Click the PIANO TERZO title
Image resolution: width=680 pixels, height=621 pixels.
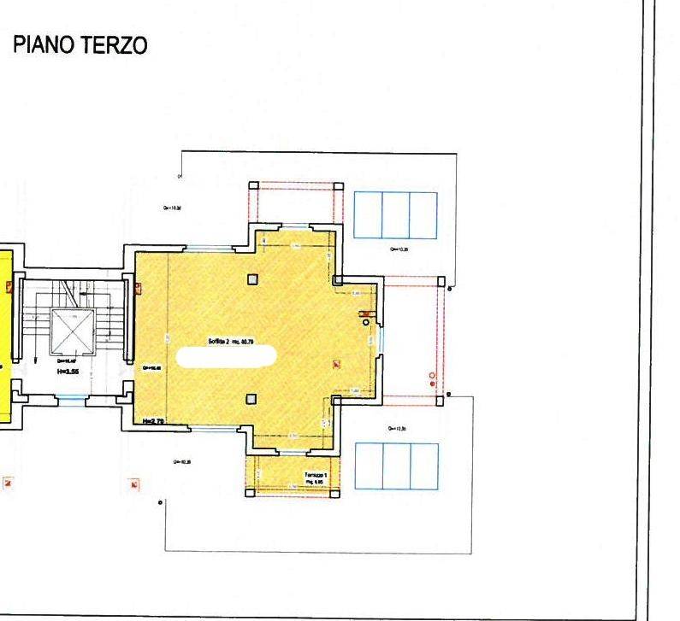(80, 46)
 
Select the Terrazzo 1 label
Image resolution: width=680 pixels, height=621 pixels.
(315, 476)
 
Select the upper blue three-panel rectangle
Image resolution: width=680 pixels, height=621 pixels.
(395, 215)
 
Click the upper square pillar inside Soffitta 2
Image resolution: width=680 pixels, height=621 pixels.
(252, 278)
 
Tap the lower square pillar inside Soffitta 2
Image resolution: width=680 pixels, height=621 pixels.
(251, 398)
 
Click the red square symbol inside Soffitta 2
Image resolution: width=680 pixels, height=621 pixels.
(336, 365)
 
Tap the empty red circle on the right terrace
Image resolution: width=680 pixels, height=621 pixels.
(432, 375)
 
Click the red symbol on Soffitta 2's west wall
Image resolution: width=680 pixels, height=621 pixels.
(137, 287)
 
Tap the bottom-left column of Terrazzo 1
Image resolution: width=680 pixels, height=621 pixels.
(249, 491)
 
